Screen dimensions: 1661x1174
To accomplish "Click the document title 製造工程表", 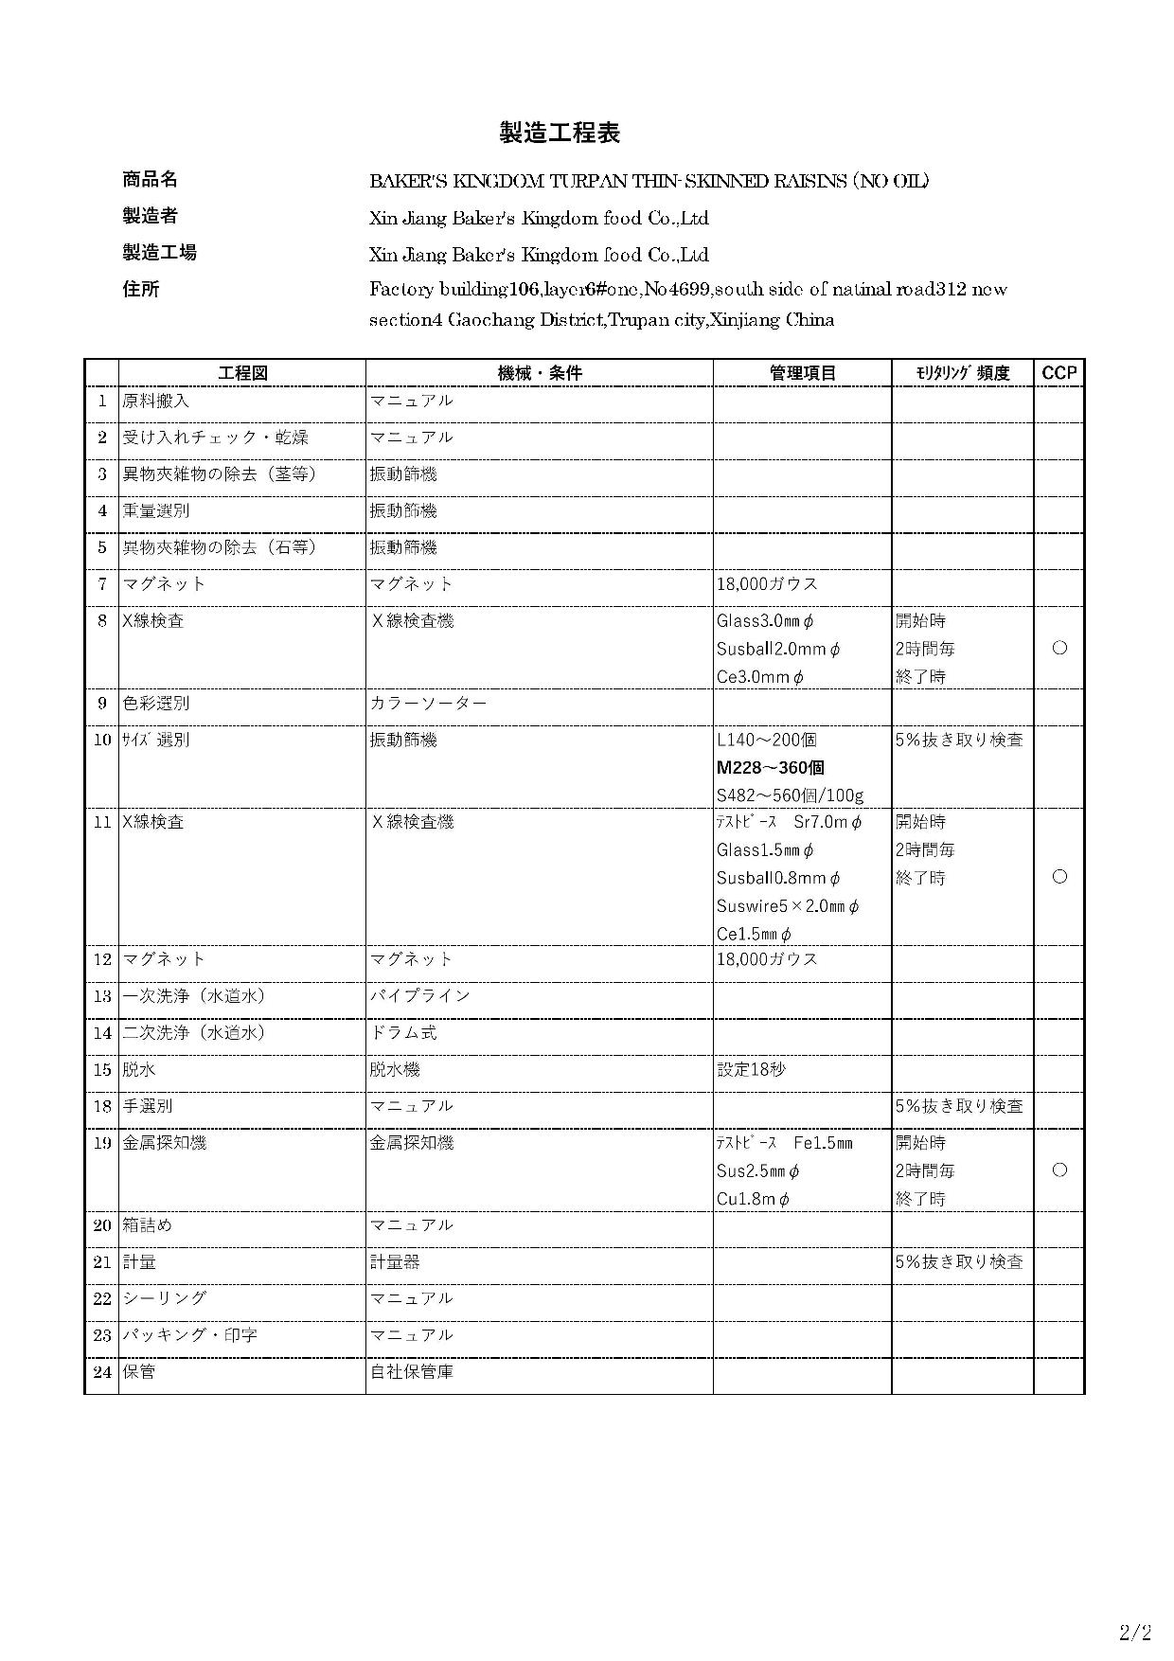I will click(560, 134).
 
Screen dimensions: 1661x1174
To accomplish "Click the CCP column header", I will click(1058, 373).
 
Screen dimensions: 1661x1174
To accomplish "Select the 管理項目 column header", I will click(802, 373).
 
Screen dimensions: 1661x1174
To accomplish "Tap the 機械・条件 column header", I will click(540, 373).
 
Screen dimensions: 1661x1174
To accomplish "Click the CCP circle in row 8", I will click(1059, 649).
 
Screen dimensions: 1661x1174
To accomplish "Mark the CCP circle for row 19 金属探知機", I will click(1059, 1170).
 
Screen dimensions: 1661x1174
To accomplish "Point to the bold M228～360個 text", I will click(770, 767).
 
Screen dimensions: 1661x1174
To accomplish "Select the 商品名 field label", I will click(150, 180).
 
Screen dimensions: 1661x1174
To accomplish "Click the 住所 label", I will click(140, 289).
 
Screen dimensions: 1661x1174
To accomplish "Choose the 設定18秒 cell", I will click(751, 1070).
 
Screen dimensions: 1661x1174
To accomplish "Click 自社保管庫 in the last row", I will click(412, 1371).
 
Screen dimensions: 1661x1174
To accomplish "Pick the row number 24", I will click(102, 1371).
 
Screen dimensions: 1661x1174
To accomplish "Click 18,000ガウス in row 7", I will click(767, 584).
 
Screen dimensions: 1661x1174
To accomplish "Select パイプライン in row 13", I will click(419, 996).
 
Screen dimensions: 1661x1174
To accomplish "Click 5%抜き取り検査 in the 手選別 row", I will click(959, 1106).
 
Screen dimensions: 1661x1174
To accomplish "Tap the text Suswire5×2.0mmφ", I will click(788, 906).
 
